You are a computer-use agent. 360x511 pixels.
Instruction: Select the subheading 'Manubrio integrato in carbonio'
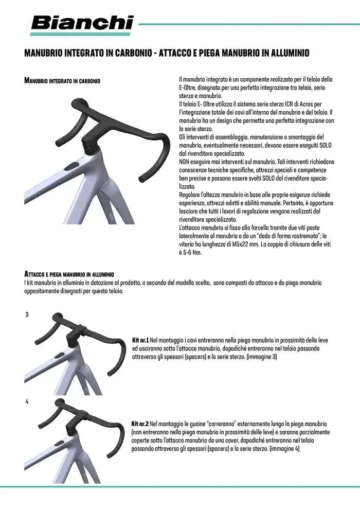(62, 81)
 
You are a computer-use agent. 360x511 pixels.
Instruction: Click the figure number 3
(27, 314)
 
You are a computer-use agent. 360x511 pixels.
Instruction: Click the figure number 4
(27, 401)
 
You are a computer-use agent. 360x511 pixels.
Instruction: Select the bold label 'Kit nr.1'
(140, 341)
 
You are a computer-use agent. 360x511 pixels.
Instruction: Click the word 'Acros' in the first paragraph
(299, 104)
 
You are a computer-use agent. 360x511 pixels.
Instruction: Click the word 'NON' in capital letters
(185, 161)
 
